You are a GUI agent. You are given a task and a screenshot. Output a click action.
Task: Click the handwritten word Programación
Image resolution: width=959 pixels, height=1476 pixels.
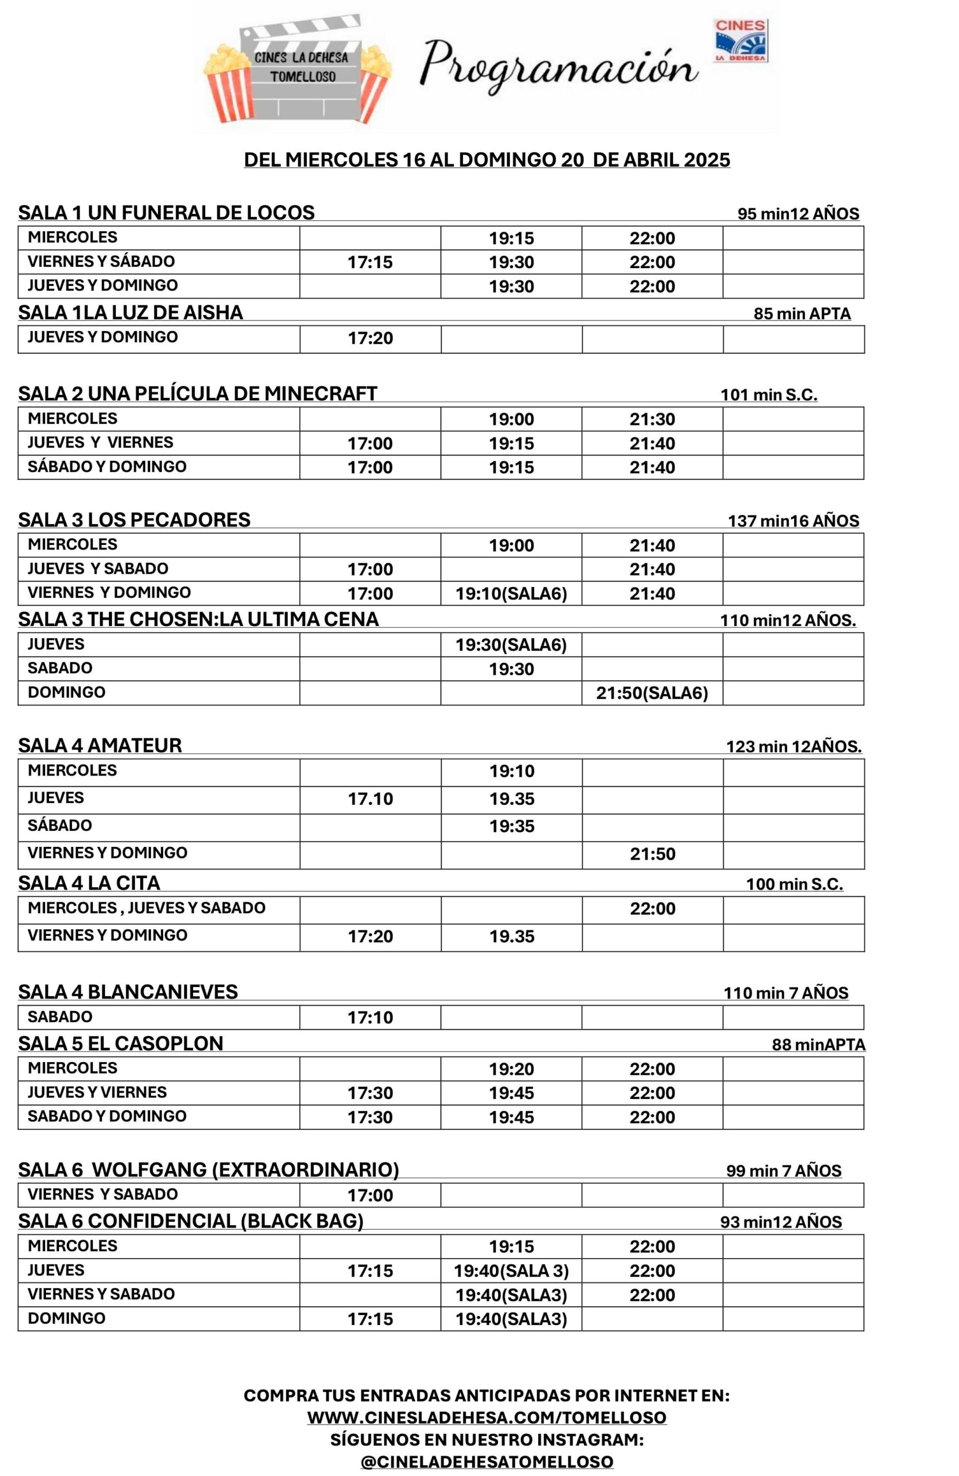coord(558,67)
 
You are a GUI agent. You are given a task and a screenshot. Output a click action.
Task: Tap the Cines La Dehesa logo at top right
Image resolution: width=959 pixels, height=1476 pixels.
coord(740,40)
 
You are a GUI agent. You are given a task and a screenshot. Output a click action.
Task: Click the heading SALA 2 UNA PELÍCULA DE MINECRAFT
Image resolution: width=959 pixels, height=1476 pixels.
coord(197,394)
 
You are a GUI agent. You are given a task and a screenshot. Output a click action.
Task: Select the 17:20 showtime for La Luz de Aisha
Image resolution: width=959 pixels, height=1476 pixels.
coord(370,338)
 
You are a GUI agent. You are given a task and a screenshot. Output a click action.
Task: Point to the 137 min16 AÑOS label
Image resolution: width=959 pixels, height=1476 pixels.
coord(793,521)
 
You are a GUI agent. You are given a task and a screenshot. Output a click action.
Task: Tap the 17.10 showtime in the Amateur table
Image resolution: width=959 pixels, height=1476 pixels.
coord(370,799)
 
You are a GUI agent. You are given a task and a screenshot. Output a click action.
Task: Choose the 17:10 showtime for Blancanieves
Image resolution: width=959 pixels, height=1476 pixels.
coord(370,1018)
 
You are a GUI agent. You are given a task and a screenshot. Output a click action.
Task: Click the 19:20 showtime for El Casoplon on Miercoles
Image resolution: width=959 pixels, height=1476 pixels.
coord(511,1069)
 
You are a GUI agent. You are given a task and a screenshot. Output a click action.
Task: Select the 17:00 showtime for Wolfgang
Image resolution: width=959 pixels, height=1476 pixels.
coord(370,1196)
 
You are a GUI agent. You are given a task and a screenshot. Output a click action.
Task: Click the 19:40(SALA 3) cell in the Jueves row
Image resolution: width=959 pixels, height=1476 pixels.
coord(511,1271)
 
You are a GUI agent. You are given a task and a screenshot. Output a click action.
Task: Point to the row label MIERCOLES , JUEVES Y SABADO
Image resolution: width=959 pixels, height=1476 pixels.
coord(146,908)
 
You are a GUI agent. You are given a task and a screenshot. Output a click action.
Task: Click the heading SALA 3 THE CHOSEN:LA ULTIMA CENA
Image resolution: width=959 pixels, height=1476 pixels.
coord(198,619)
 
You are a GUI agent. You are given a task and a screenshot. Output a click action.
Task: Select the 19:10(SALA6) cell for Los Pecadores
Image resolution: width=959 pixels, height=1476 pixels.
coord(511,594)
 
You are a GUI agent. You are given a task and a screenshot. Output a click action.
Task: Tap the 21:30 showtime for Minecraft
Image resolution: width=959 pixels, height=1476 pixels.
coord(652,419)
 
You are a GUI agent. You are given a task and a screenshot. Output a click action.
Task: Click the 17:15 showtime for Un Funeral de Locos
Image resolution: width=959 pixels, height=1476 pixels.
coord(370,262)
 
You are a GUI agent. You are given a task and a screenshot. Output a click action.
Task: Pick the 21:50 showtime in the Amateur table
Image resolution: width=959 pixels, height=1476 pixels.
coord(653,854)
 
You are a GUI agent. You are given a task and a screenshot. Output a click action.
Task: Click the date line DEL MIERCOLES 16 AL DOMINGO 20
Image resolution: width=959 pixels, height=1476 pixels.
coord(486,160)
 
